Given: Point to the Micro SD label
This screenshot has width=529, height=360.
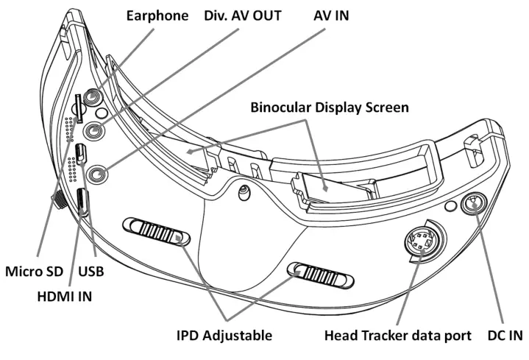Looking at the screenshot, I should [x=34, y=271].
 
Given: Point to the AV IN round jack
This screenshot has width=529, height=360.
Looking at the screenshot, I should [x=96, y=174].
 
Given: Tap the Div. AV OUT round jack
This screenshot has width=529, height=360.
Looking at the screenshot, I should [x=94, y=132].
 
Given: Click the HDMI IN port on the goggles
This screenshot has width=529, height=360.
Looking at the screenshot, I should [x=83, y=202].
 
